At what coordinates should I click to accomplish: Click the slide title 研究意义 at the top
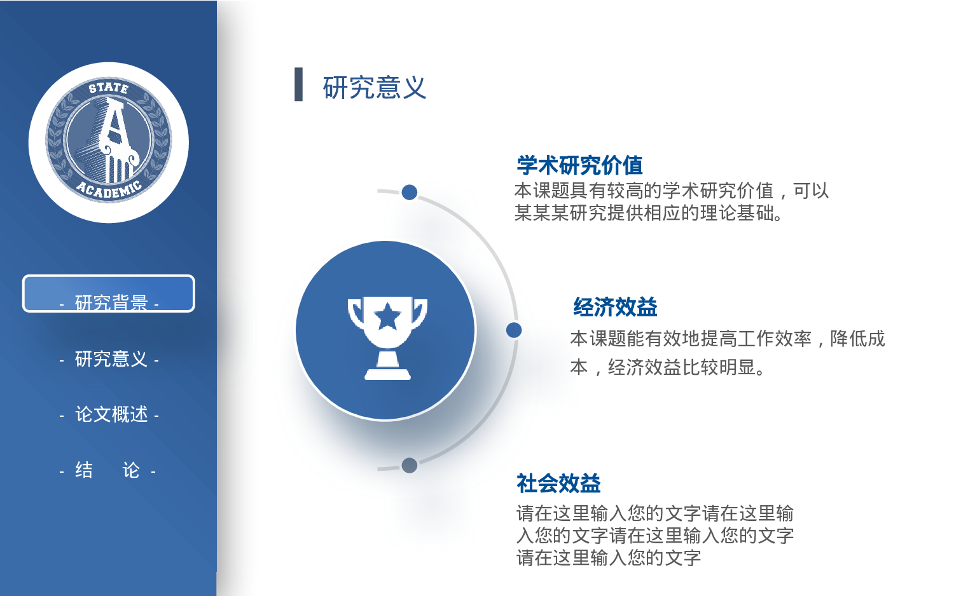(374, 88)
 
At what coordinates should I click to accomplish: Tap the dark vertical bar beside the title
(298, 85)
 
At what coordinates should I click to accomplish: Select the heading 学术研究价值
(579, 165)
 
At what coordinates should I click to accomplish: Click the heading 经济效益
(615, 307)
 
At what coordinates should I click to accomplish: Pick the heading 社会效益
(558, 484)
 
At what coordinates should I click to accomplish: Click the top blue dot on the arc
(410, 192)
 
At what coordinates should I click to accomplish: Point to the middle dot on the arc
(514, 330)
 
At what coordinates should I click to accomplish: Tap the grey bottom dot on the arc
(410, 465)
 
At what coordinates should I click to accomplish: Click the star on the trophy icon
(387, 316)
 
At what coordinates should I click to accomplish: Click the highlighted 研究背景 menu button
(109, 294)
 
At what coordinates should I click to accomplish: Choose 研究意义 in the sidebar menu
(111, 359)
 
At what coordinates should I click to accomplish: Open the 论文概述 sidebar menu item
(111, 414)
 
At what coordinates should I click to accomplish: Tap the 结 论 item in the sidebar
(108, 470)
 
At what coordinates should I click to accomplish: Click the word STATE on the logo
(108, 88)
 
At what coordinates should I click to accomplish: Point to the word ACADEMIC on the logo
(109, 189)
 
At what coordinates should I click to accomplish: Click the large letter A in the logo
(113, 124)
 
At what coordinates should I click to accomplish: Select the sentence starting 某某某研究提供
(648, 213)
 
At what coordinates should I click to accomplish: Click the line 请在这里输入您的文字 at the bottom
(608, 558)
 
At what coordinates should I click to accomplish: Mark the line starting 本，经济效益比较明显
(667, 367)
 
